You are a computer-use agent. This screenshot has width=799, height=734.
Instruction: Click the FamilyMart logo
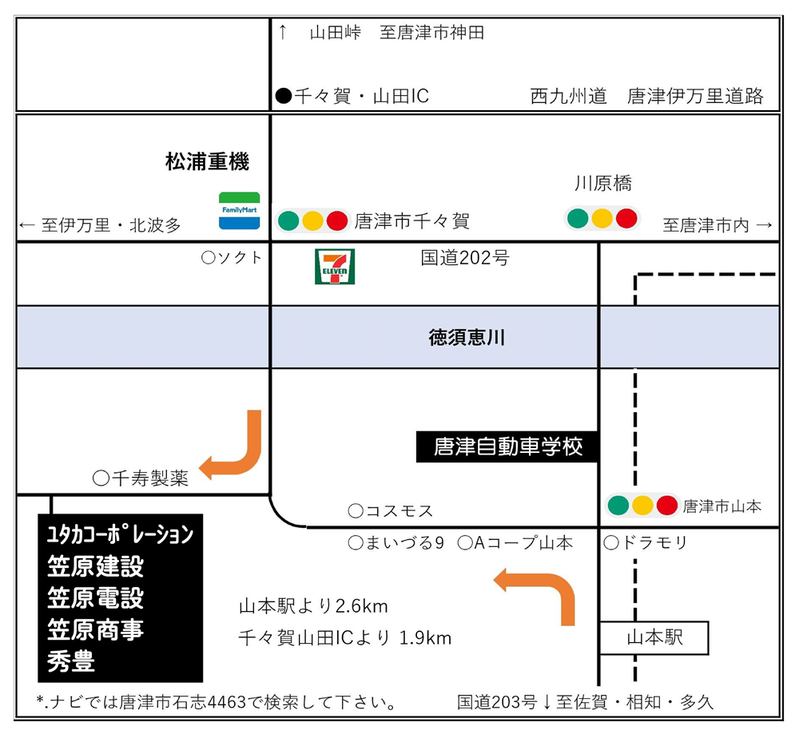coord(240,211)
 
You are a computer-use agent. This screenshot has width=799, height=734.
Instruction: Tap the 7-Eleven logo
coord(335,267)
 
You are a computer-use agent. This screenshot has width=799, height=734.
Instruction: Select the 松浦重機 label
coord(208,161)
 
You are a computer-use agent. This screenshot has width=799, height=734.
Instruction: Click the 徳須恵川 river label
coord(467,337)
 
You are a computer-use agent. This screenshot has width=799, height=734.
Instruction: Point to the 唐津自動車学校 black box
coord(507,446)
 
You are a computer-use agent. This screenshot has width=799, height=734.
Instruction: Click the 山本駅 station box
coord(654,637)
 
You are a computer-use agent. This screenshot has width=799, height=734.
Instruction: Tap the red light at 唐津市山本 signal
coord(666,506)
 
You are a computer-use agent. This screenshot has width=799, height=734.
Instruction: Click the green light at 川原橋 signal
coord(578,219)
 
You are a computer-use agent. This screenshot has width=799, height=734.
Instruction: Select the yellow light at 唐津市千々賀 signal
coord(312,221)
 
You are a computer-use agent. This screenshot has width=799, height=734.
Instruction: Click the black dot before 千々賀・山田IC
coord(284,96)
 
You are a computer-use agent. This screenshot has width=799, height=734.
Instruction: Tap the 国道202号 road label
coord(465,258)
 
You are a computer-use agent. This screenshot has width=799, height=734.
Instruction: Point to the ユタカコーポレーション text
coord(121,534)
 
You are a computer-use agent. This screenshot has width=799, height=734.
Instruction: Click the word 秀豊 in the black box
coord(71,661)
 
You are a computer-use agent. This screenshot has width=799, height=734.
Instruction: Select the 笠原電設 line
coord(95,598)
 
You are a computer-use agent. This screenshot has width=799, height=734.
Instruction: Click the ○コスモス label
coord(391,510)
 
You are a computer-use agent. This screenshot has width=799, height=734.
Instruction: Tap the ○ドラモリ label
coord(645,542)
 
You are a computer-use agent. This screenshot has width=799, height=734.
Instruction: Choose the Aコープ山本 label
coord(523,543)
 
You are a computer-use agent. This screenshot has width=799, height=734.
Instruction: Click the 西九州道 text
coord(569,96)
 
